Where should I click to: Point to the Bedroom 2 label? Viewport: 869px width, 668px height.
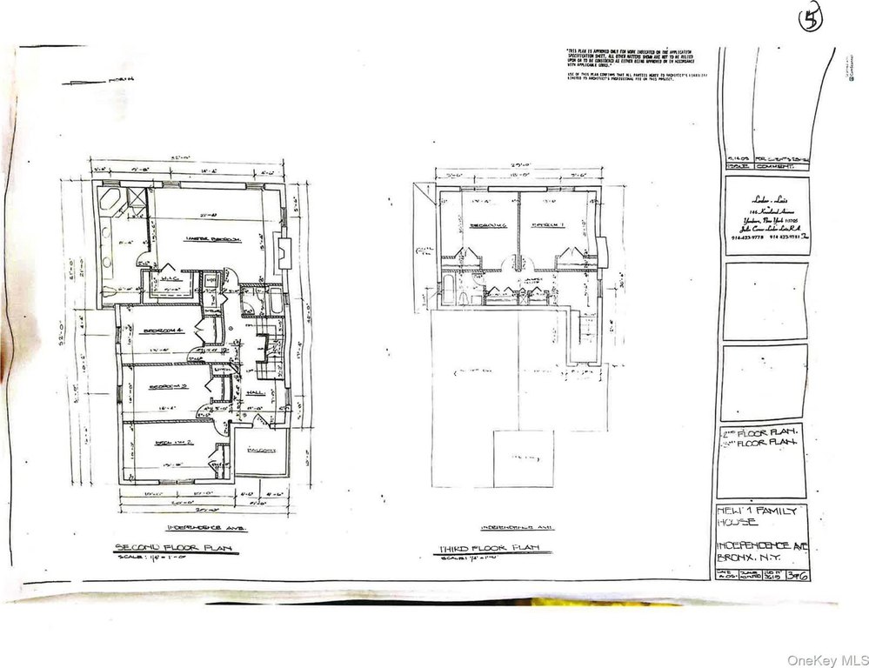[x=165, y=443]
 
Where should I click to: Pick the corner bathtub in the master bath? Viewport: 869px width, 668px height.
[x=111, y=204]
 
